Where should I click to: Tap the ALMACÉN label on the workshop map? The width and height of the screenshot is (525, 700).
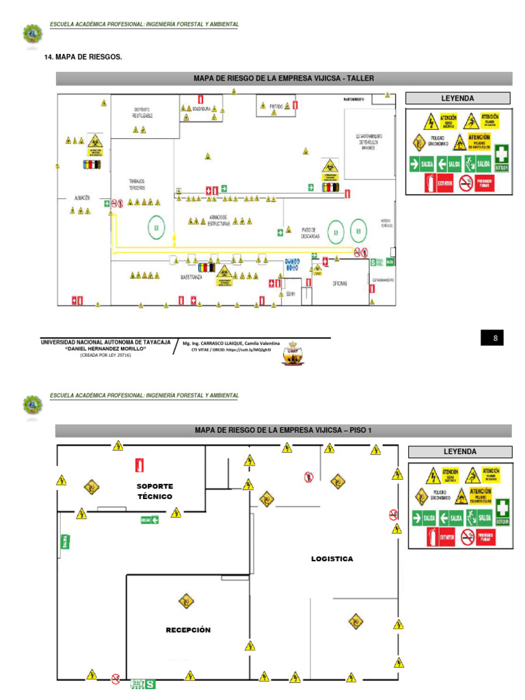pos(82,197)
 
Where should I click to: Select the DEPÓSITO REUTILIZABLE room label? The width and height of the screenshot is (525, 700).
pos(142,113)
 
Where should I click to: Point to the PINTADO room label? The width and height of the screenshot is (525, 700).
pos(275,107)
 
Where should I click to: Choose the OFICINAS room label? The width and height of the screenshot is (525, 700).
pos(340,283)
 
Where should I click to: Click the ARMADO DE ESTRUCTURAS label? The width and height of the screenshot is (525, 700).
pos(218,220)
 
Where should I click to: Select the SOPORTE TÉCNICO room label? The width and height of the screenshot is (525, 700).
pos(154,492)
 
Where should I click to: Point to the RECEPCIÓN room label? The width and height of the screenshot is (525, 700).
pos(188,630)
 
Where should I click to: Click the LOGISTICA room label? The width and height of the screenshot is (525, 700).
pos(332,558)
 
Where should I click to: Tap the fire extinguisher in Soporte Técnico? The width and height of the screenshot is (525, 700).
pos(140,466)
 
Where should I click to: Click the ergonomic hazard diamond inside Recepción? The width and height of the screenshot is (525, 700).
pos(185,601)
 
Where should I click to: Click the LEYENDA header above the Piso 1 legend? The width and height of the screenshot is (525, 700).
pos(459,452)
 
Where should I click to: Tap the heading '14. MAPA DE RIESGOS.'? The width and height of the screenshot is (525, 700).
pos(83,56)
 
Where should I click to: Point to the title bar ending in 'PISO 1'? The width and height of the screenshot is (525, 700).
pos(283,430)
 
